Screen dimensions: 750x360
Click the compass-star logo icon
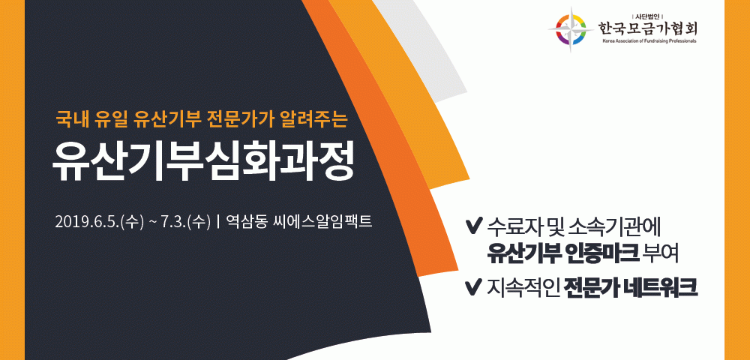(x=571, y=28)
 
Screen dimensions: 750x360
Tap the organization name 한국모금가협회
(x=647, y=28)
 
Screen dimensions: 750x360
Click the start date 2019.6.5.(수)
(x=100, y=222)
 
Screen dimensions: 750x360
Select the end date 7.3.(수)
(x=187, y=222)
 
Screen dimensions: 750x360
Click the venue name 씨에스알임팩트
(x=322, y=222)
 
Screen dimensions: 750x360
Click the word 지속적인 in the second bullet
(x=523, y=286)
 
